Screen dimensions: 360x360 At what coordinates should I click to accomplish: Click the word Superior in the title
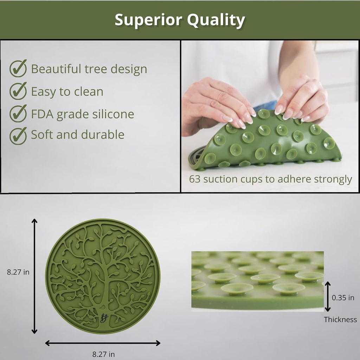[x=149, y=20]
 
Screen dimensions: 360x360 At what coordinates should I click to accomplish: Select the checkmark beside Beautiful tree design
[x=18, y=68]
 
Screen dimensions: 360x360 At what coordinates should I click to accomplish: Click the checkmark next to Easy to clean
[x=18, y=91]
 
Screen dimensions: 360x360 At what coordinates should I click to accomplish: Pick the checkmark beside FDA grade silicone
[x=18, y=113]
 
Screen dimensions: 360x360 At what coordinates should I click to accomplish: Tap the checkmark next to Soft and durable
[x=18, y=136]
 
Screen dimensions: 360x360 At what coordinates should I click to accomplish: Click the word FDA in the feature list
[x=42, y=114]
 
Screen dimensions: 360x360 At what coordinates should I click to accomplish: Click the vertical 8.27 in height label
[x=18, y=272]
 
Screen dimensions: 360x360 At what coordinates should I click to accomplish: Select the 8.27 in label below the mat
[x=104, y=354]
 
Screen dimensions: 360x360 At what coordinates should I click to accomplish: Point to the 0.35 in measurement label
[x=343, y=297]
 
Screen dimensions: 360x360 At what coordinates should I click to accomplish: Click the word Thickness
[x=340, y=319]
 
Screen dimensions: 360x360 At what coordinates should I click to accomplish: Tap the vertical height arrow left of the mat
[x=34, y=276]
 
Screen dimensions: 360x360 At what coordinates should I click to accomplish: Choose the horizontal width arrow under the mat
[x=103, y=343]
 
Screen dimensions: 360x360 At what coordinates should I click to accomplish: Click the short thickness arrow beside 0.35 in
[x=328, y=296]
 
